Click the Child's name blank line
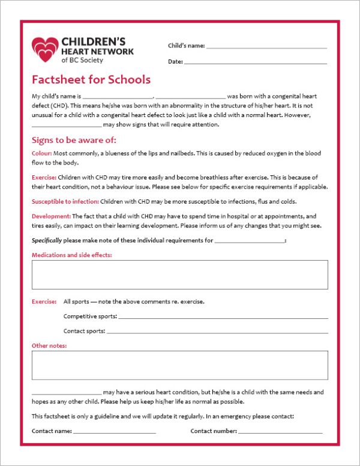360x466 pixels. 266,47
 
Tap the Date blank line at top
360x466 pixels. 256,62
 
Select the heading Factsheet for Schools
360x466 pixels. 91,80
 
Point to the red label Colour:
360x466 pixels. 42,154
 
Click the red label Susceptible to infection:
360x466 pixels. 65,202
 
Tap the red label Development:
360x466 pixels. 51,216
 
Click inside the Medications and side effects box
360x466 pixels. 179,274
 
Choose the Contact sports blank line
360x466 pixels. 217,331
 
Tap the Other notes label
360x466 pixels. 49,346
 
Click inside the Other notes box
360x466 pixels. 179,365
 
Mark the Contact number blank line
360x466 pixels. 280,432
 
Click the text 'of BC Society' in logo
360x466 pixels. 82,61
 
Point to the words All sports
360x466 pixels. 76,301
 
